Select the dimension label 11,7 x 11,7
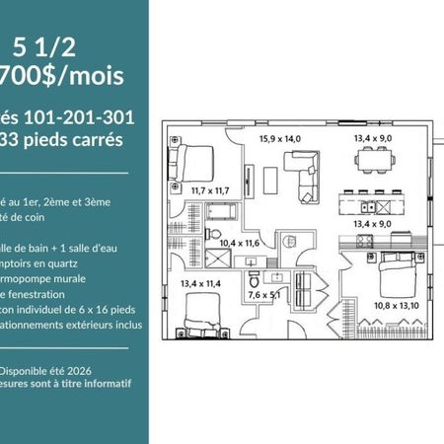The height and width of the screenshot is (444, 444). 210,189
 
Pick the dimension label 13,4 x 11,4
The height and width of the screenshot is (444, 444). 200,284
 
